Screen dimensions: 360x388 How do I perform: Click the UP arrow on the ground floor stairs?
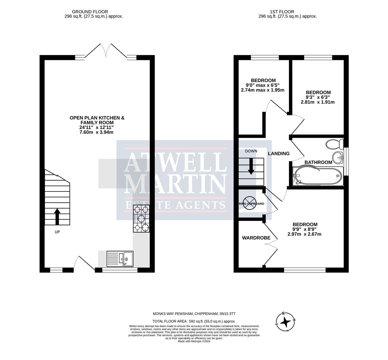tap(57, 216)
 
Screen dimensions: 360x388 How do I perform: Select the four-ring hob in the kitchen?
tap(141, 219)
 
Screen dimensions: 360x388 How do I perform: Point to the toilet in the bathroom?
tap(334, 144)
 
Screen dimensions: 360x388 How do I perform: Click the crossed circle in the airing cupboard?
tap(250, 203)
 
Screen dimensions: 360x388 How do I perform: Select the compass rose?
tap(285, 322)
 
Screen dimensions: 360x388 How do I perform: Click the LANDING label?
tap(279, 154)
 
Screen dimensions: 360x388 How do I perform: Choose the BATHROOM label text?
tap(318, 162)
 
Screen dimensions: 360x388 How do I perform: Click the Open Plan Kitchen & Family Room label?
tap(97, 120)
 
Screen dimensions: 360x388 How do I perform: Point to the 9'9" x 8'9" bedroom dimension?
tap(305, 229)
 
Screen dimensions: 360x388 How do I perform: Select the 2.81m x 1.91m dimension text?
tap(318, 102)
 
